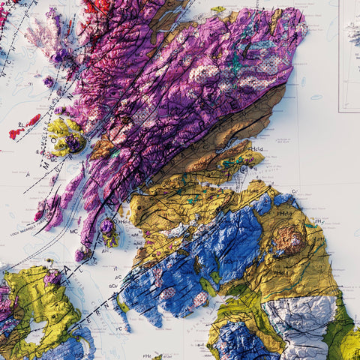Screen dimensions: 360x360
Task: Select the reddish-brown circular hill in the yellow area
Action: (x=289, y=240)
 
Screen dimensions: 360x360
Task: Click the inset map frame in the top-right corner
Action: (x=349, y=56)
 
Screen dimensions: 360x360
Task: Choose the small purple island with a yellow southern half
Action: (x=109, y=233)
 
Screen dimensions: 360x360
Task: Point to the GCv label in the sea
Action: (x=112, y=286)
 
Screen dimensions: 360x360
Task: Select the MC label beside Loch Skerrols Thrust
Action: (x=74, y=232)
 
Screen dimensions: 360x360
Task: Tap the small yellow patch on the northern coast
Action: (x=217, y=10)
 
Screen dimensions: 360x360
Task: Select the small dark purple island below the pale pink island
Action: (x=49, y=80)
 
